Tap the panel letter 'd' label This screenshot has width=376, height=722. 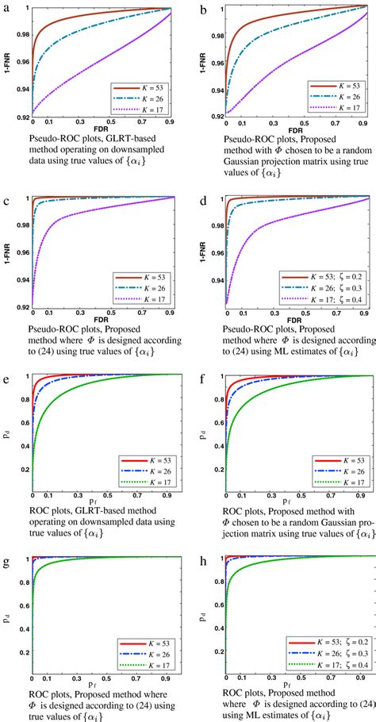205,189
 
